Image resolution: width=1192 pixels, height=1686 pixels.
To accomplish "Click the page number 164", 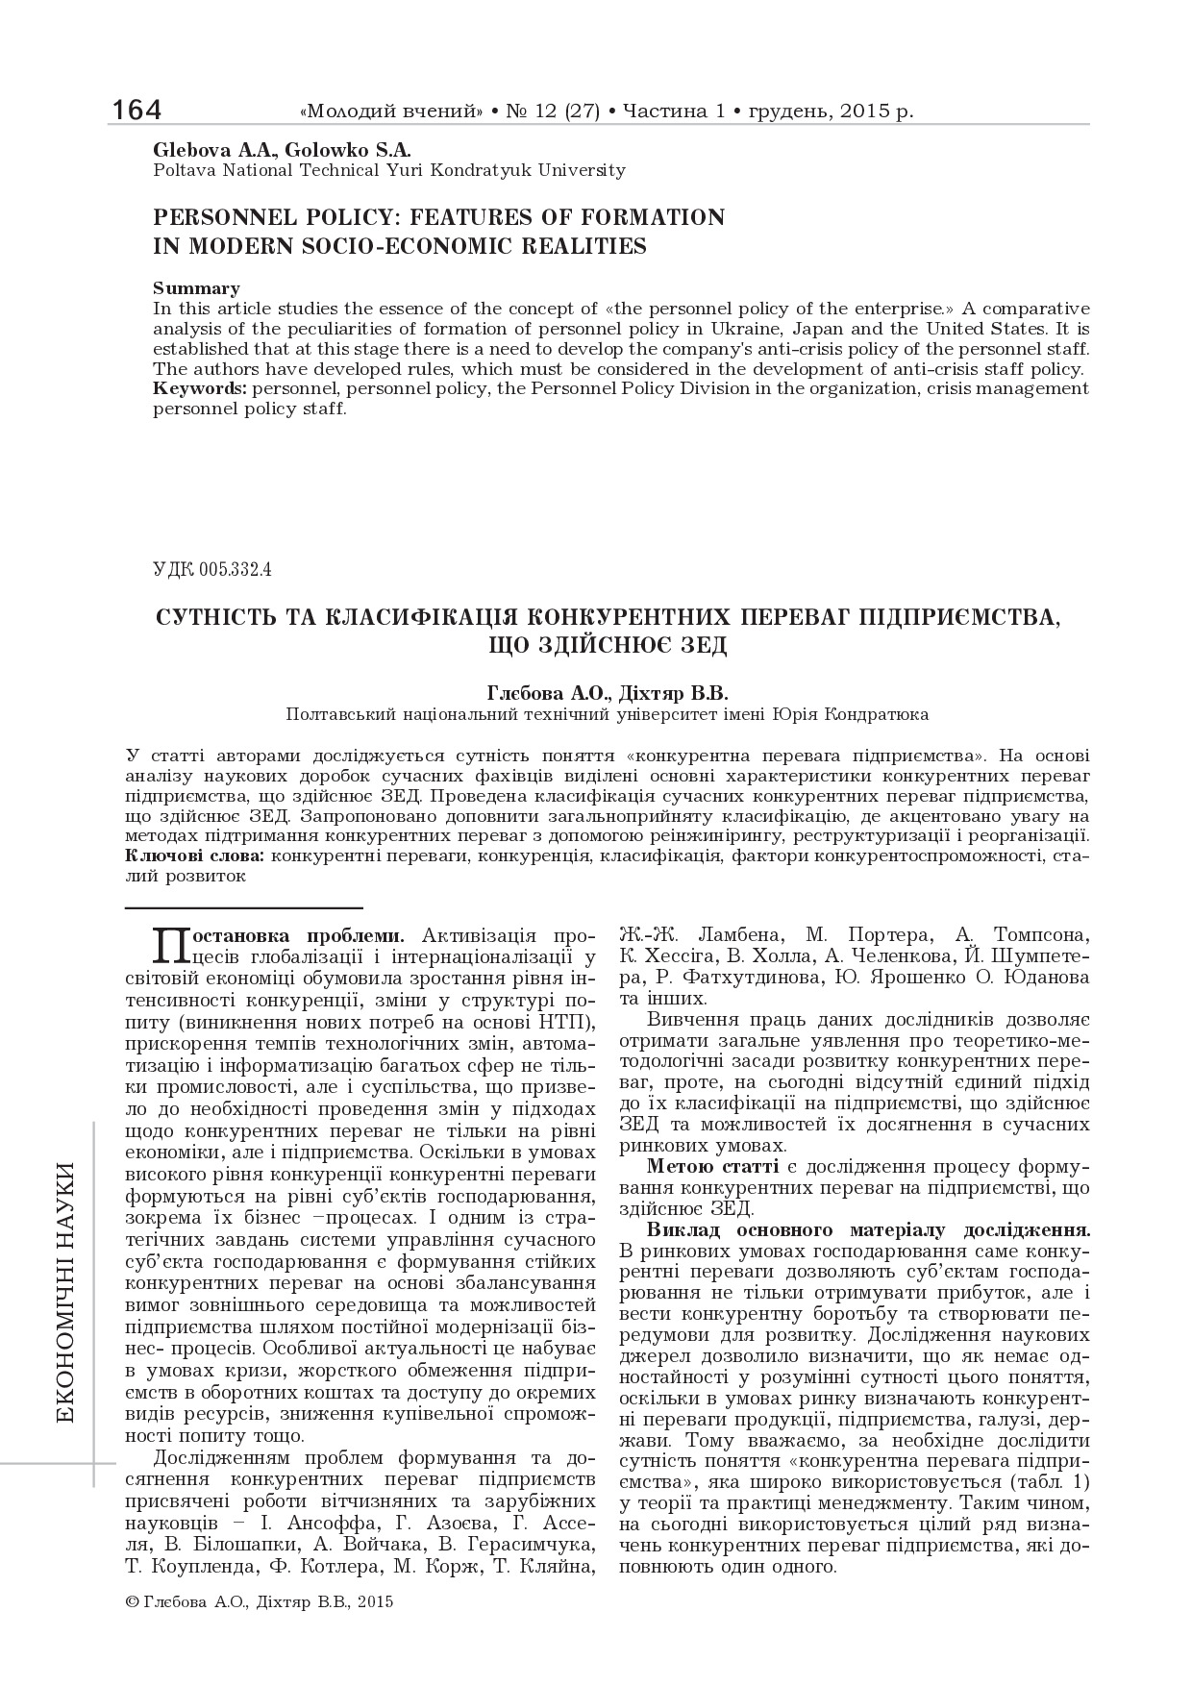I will tap(137, 111).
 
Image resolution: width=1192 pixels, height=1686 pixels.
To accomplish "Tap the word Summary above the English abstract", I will tap(196, 288).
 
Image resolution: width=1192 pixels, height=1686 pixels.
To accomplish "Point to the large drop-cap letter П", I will tap(172, 945).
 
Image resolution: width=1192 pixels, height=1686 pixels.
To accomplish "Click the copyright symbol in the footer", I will tap(133, 1602).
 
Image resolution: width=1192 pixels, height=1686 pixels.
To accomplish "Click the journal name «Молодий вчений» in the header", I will tap(392, 112).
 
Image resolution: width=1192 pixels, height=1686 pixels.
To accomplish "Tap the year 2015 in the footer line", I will tap(375, 1602).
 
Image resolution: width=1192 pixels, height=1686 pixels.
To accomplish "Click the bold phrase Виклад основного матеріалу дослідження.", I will tap(869, 1229).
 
